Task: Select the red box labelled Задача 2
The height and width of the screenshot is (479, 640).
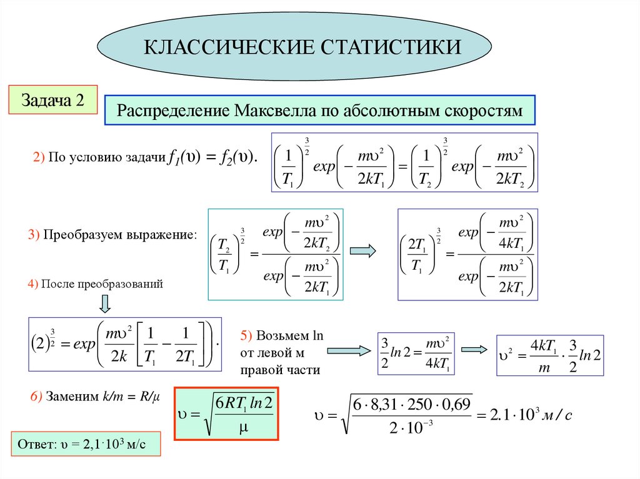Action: (x=52, y=100)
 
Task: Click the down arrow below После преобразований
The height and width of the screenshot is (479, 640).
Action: (x=105, y=304)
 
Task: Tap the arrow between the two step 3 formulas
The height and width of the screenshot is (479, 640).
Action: (x=362, y=251)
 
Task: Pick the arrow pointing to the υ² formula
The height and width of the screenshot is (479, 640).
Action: (x=473, y=350)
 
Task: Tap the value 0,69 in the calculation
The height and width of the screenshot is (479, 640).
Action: (x=457, y=404)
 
